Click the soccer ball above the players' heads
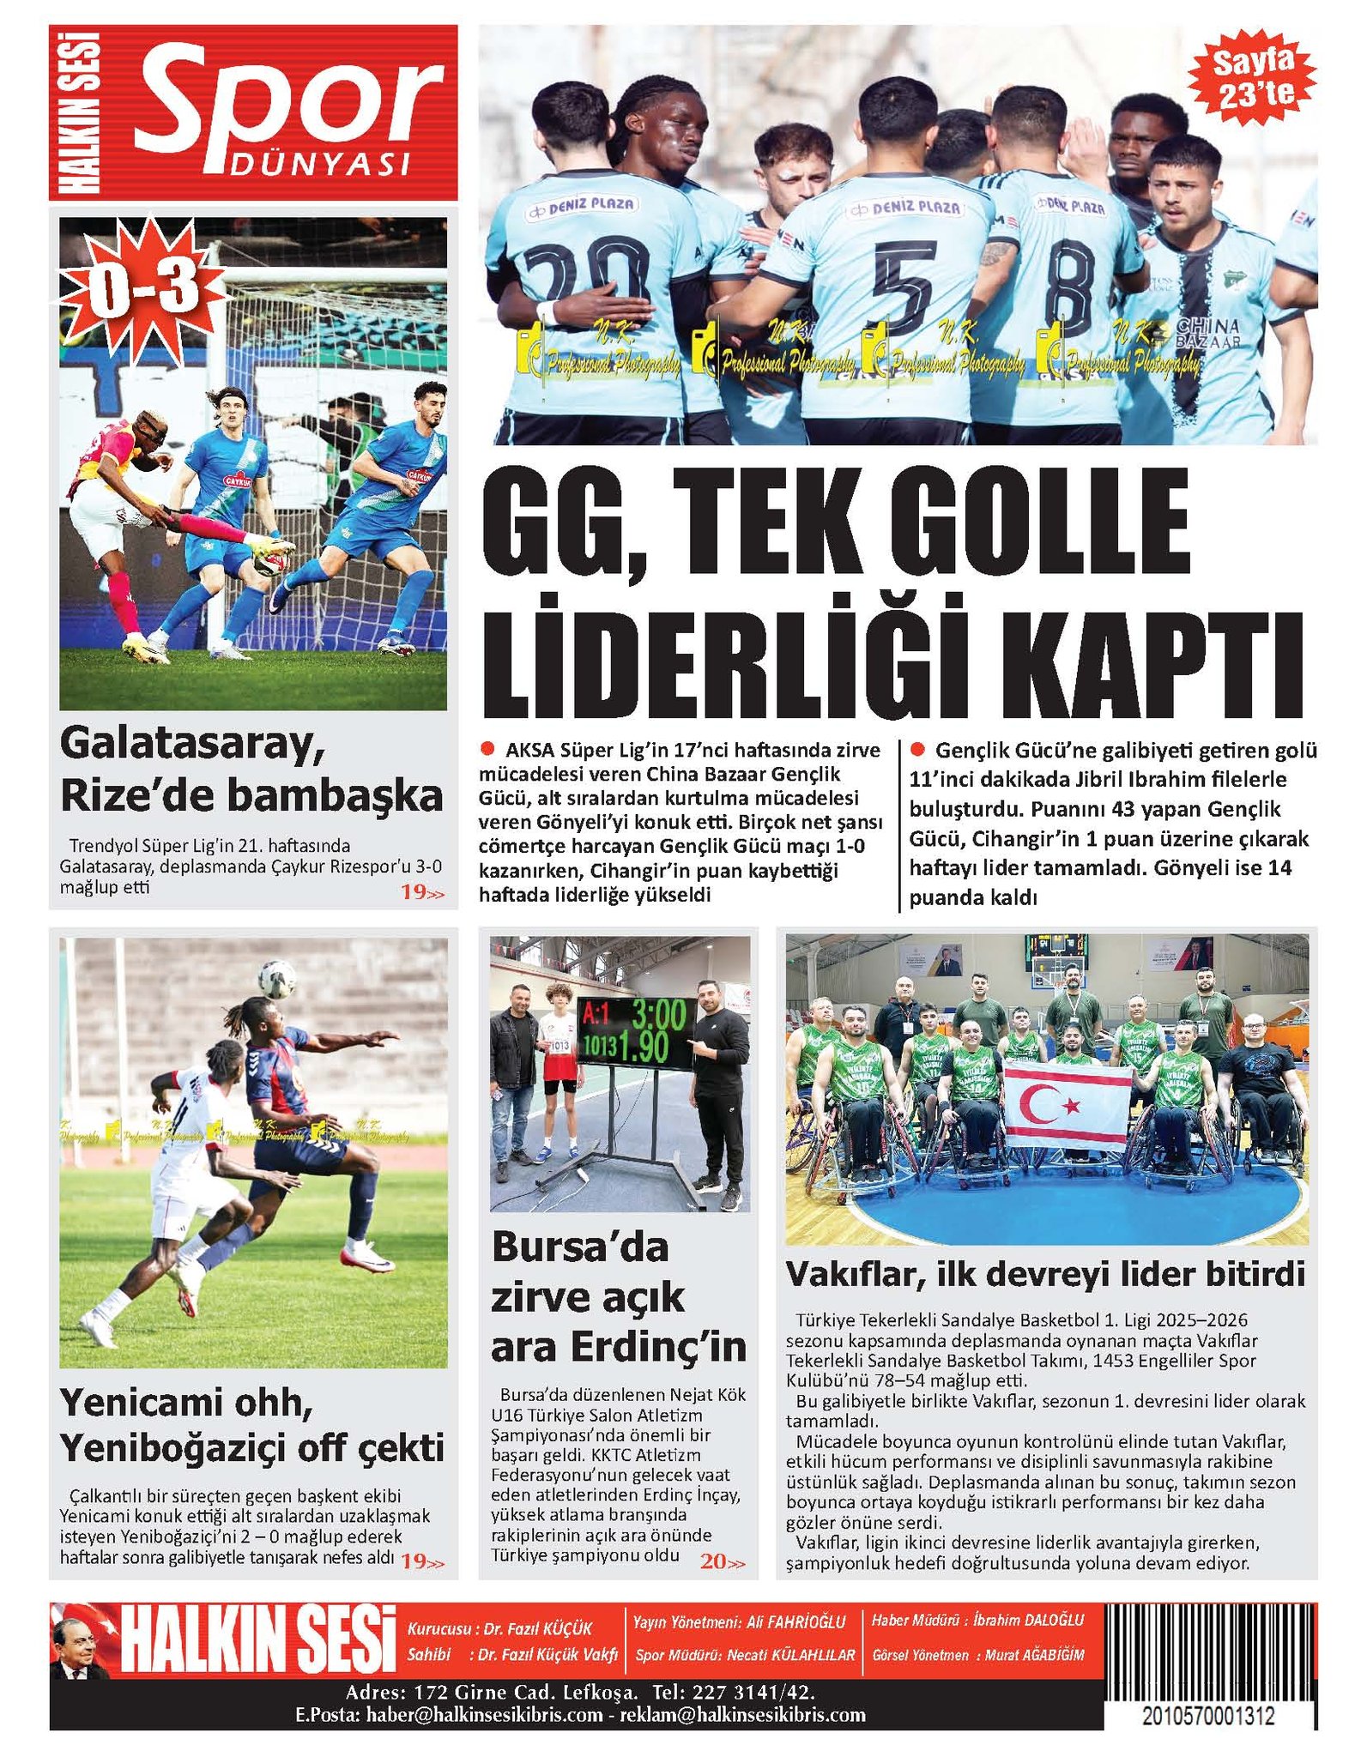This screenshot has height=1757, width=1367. [x=277, y=978]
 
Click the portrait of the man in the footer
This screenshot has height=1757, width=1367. [x=79, y=1646]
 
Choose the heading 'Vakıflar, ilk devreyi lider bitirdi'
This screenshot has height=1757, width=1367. [x=1045, y=1274]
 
